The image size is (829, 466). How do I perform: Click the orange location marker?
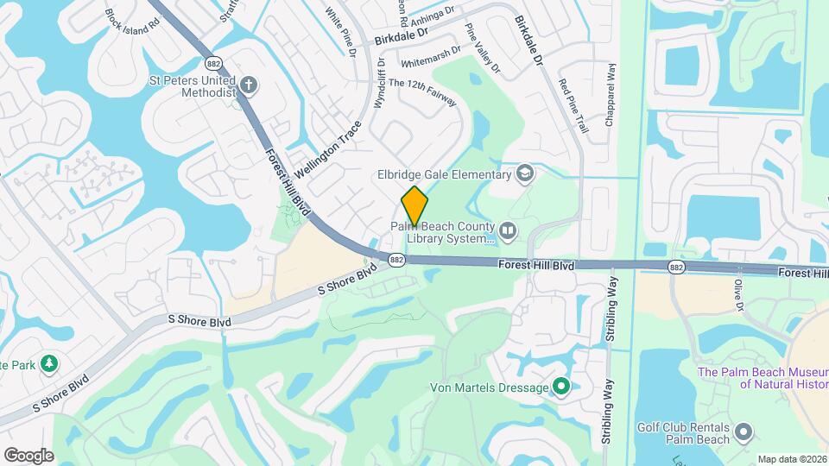pos(414,206)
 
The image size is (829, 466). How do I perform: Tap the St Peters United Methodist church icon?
pos(249,85)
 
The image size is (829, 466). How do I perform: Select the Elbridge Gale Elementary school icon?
pos(524,175)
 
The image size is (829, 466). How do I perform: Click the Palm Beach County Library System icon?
pos(508,230)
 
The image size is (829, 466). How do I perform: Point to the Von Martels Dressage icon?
pos(561,387)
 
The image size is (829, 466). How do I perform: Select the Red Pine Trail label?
pos(573,106)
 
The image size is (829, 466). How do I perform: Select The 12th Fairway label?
pos(422,91)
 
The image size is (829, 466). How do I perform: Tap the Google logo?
pos(28,455)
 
